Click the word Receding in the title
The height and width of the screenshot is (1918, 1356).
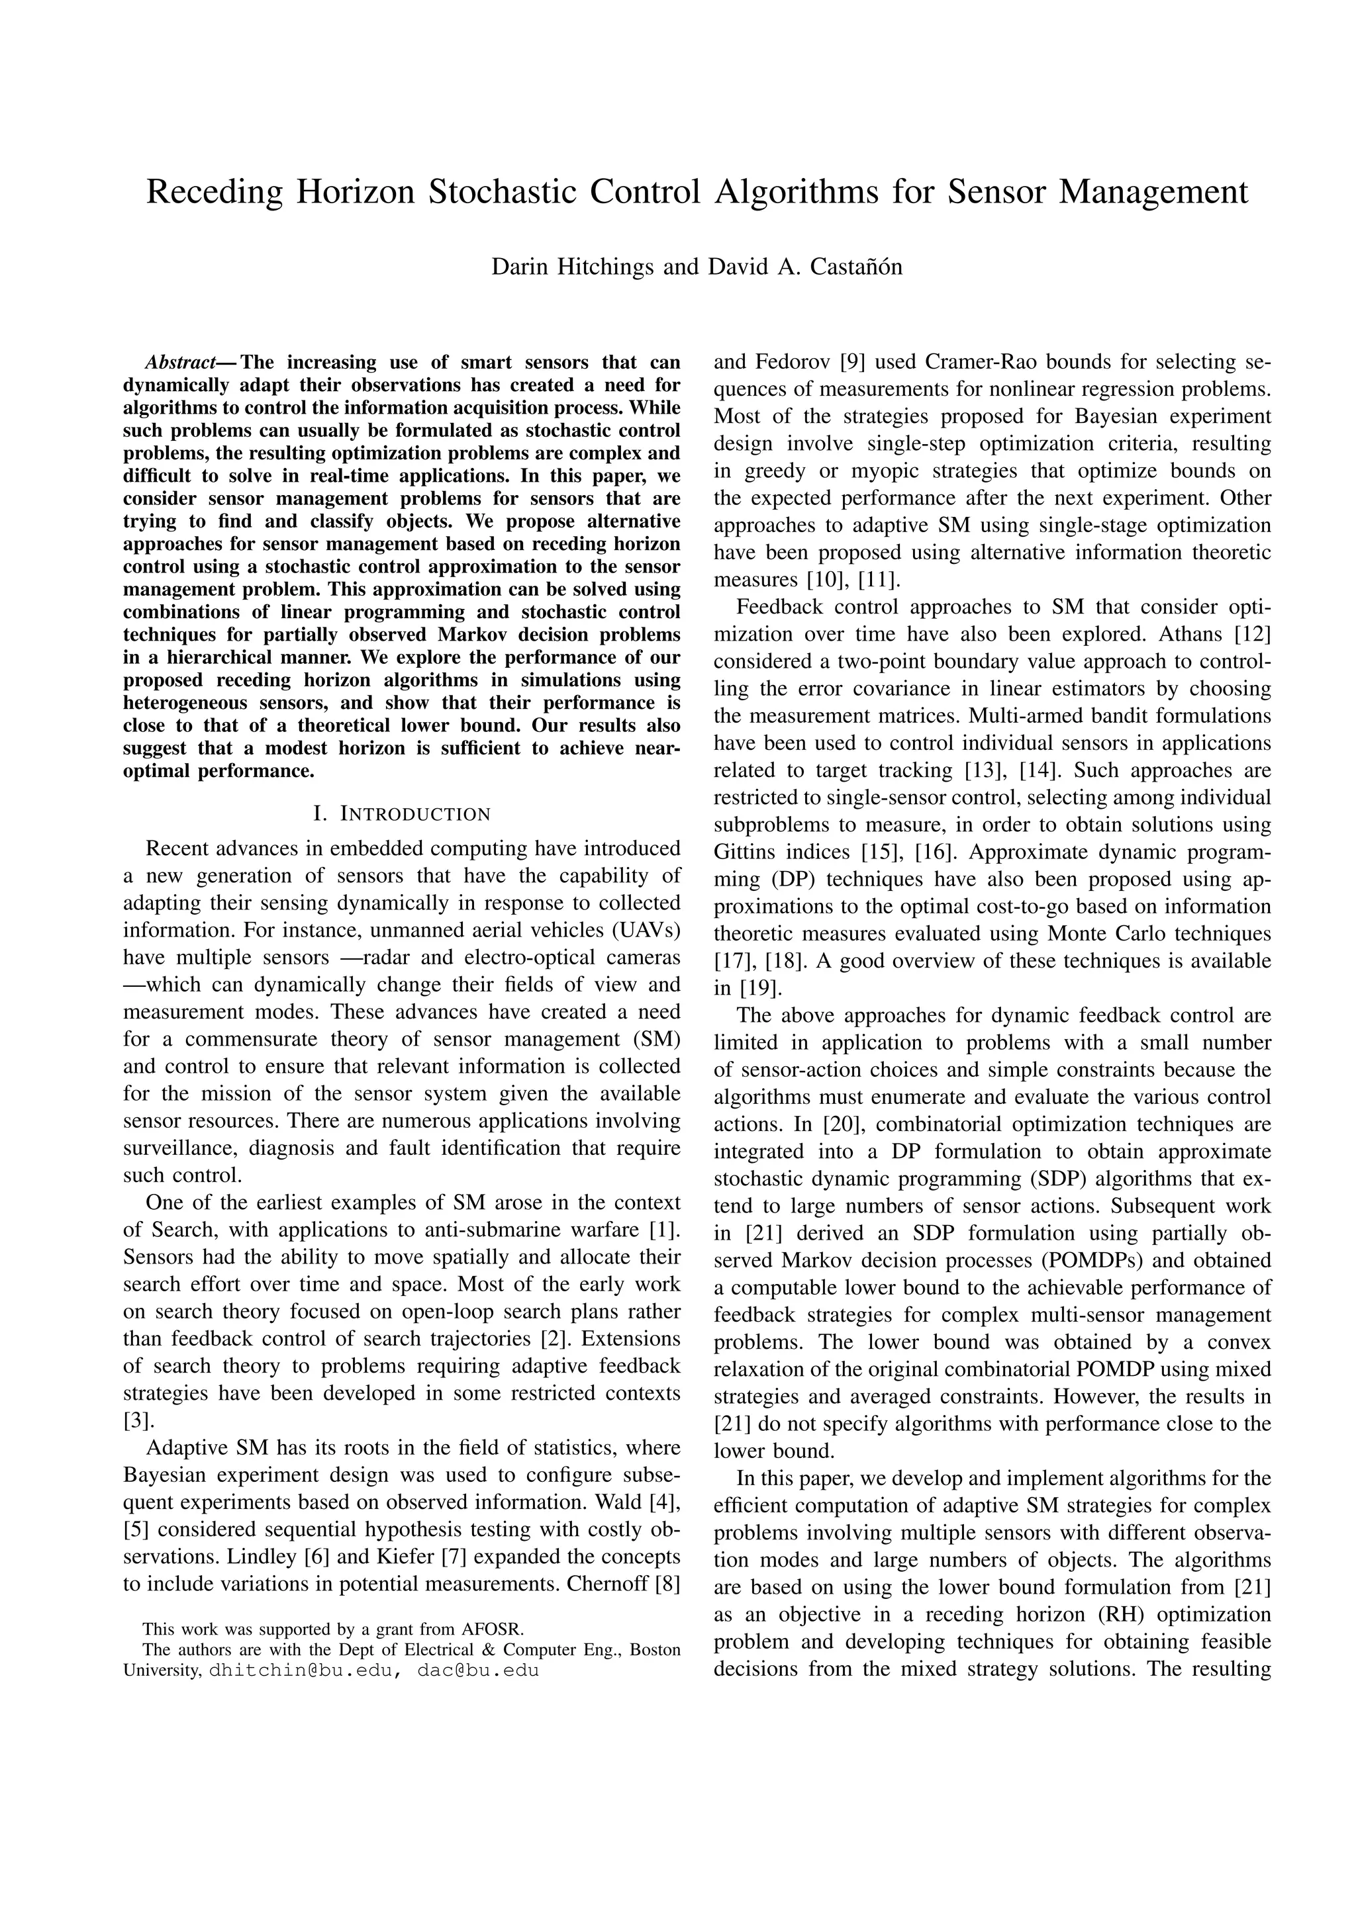pos(215,192)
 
